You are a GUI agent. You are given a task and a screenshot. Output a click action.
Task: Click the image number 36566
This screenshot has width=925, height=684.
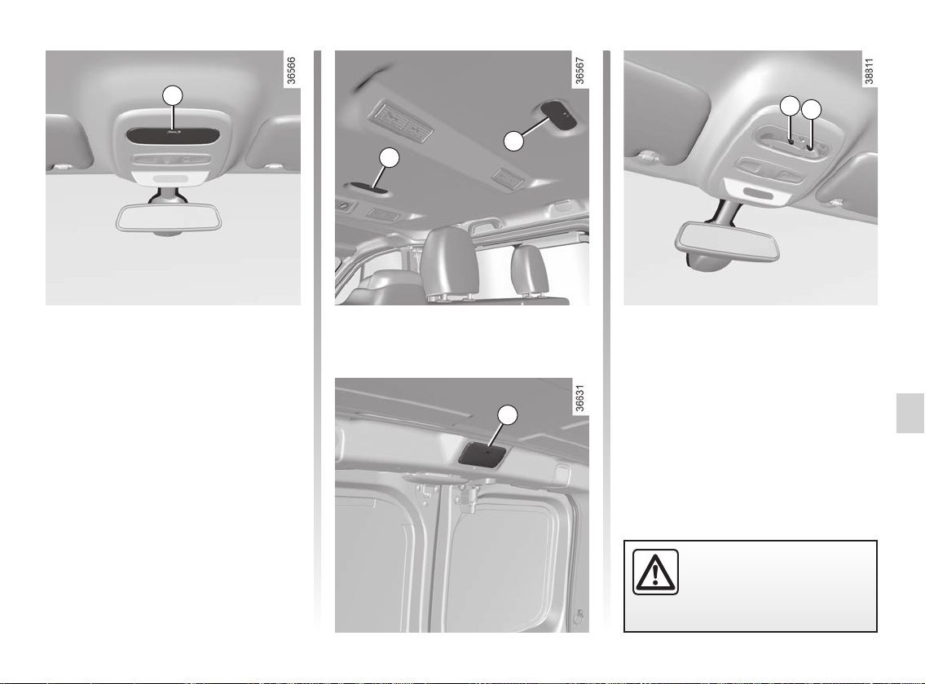coord(292,71)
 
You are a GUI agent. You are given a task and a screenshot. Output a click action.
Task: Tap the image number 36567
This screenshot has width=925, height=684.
coord(580,71)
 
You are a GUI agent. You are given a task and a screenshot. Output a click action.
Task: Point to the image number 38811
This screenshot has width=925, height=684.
coord(869,71)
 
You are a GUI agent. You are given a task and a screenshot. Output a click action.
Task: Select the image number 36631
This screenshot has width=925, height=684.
coord(580,399)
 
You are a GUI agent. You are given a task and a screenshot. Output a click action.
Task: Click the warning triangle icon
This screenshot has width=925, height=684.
coord(655,572)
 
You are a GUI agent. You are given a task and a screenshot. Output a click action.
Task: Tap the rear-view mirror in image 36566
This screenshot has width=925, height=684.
coord(169,217)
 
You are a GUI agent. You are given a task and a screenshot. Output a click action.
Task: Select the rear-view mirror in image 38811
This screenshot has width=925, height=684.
coord(727,241)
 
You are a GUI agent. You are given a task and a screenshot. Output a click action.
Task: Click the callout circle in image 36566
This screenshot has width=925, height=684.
coord(172,95)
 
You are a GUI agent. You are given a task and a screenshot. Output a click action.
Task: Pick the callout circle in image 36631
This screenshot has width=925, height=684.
coord(508,415)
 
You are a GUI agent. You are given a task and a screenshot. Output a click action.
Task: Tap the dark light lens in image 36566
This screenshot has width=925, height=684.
coord(173,134)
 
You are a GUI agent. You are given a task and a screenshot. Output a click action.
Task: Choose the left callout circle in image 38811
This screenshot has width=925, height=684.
coord(790,106)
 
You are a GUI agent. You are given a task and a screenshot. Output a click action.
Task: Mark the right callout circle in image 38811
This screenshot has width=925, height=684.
coord(811,110)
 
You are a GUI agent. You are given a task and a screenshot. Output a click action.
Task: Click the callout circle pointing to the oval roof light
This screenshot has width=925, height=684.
coord(513,141)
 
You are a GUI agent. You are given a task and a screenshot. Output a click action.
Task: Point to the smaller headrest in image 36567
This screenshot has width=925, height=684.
coord(529,270)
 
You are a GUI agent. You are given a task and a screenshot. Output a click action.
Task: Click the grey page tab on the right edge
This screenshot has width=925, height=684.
coord(910,414)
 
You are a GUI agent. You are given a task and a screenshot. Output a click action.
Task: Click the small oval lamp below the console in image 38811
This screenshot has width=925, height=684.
coord(759,194)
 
